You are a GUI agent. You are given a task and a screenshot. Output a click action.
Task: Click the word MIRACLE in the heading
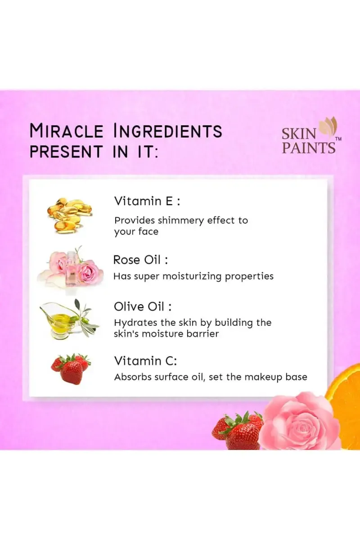[66, 131]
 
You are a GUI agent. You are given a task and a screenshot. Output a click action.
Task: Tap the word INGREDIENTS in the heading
[168, 131]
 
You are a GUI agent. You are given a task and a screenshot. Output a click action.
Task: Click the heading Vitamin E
[147, 201]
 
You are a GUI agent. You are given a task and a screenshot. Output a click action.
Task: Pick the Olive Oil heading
[143, 307]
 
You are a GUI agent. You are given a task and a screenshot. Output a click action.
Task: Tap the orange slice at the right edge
[345, 400]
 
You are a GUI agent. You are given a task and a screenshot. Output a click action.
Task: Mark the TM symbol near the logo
[338, 139]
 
